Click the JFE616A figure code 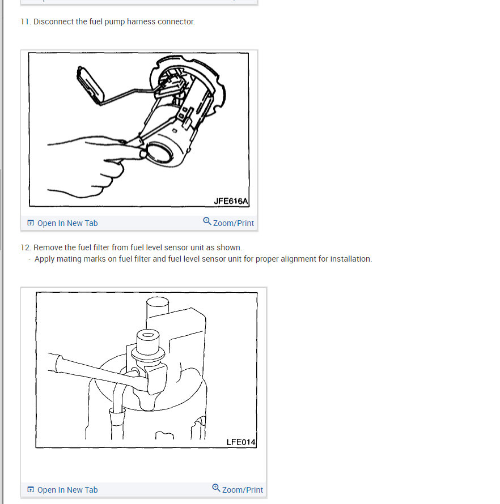pyautogui.click(x=231, y=201)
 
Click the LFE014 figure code pyautogui.click(x=241, y=442)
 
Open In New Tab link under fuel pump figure pyautogui.click(x=67, y=223)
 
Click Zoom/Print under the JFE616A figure pyautogui.click(x=233, y=223)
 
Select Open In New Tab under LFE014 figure pyautogui.click(x=67, y=490)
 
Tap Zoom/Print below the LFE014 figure pyautogui.click(x=242, y=490)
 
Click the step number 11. pyautogui.click(x=25, y=22)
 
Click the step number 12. pyautogui.click(x=25, y=247)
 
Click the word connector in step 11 pyautogui.click(x=177, y=22)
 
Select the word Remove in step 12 pyautogui.click(x=48, y=247)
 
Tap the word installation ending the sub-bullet pyautogui.click(x=351, y=259)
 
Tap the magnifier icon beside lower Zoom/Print pyautogui.click(x=216, y=488)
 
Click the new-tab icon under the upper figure pyautogui.click(x=31, y=223)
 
